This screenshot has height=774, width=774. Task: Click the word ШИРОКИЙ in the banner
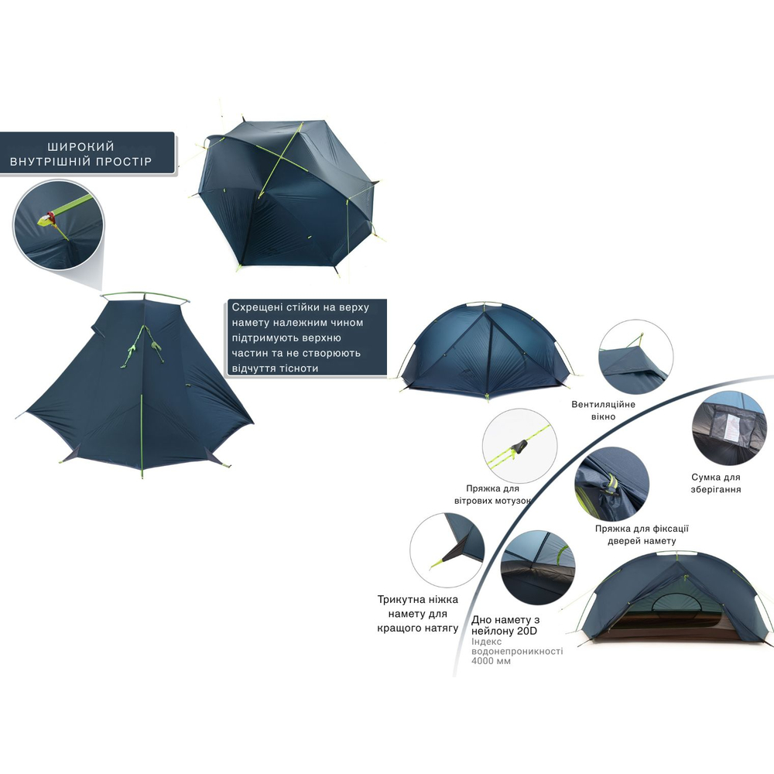point(81,146)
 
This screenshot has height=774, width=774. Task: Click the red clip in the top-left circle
point(51,217)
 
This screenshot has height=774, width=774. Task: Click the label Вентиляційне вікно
point(603,410)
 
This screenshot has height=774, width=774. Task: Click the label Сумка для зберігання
point(716,483)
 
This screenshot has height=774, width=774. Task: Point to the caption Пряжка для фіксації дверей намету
point(642,535)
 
